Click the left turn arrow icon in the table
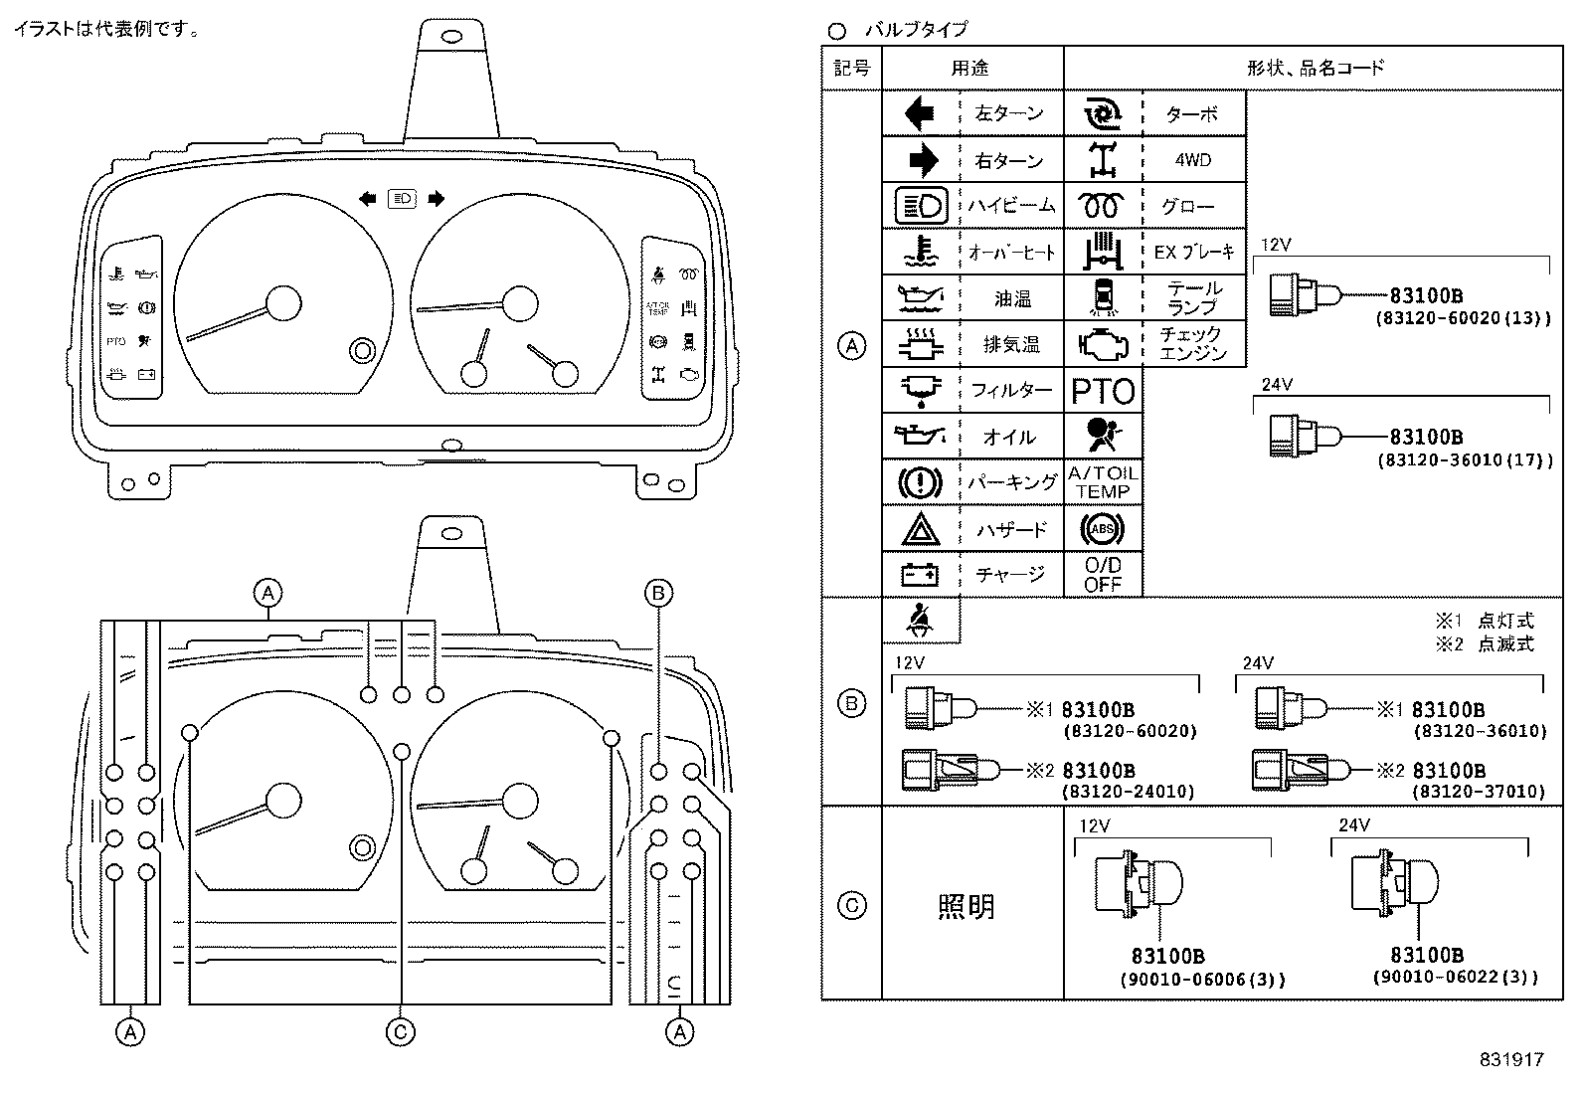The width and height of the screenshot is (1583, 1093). (x=920, y=113)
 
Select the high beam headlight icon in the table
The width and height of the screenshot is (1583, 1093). (x=920, y=206)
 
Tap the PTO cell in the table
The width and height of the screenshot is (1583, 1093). (x=1103, y=391)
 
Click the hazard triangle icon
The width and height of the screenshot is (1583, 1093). (x=920, y=530)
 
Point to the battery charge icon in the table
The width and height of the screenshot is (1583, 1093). (x=920, y=575)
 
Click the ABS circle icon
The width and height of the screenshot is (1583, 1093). (x=1103, y=529)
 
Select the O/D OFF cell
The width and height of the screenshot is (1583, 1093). (x=1103, y=575)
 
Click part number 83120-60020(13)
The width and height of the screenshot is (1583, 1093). (x=1463, y=319)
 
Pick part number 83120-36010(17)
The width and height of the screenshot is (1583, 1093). (x=1464, y=460)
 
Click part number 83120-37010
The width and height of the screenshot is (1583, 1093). (x=1479, y=792)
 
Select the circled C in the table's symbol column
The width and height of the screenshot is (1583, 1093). (x=852, y=906)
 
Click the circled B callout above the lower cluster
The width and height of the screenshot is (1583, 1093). (x=658, y=594)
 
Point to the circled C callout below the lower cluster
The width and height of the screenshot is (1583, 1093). (x=400, y=1032)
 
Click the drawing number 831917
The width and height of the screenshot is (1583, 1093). (x=1509, y=1059)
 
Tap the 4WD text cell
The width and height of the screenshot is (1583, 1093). (x=1192, y=160)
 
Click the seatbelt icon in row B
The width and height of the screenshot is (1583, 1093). (x=920, y=621)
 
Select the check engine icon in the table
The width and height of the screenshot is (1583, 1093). (x=1103, y=344)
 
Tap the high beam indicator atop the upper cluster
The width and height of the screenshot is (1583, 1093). (x=403, y=199)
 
